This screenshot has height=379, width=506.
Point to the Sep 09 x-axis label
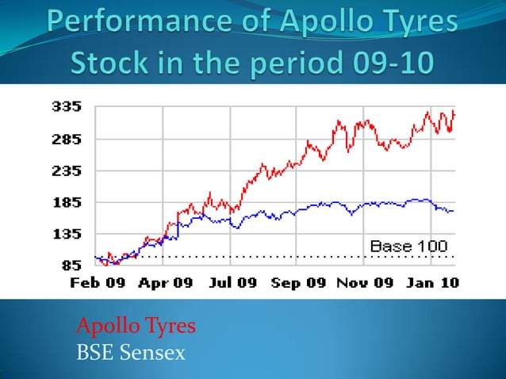click(298, 282)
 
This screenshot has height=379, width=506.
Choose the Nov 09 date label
click(362, 282)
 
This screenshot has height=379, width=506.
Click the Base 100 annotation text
click(408, 247)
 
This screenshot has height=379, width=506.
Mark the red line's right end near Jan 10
click(454, 113)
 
